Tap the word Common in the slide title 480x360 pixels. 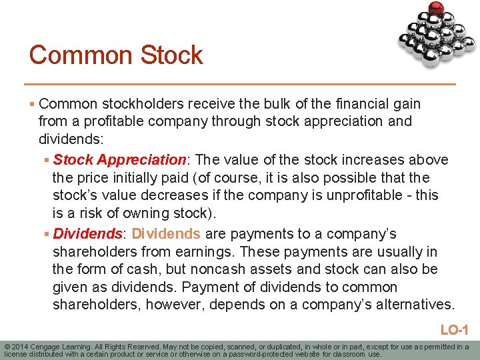pyautogui.click(x=79, y=55)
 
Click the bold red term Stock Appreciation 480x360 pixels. pyautogui.click(x=120, y=160)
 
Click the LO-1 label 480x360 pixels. pyautogui.click(x=455, y=329)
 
